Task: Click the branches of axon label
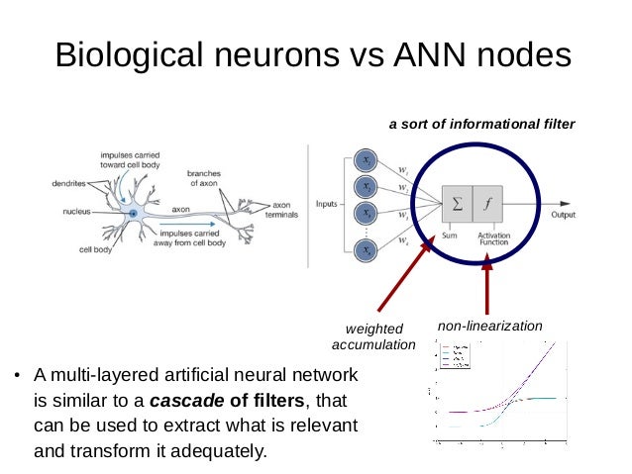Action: (206, 178)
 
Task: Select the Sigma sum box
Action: (457, 206)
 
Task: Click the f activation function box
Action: (487, 206)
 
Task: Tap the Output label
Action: (564, 215)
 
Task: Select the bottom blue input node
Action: (366, 251)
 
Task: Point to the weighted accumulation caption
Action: (373, 336)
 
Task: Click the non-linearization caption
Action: (490, 325)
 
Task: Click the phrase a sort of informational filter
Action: (481, 125)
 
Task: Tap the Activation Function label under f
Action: (492, 238)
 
